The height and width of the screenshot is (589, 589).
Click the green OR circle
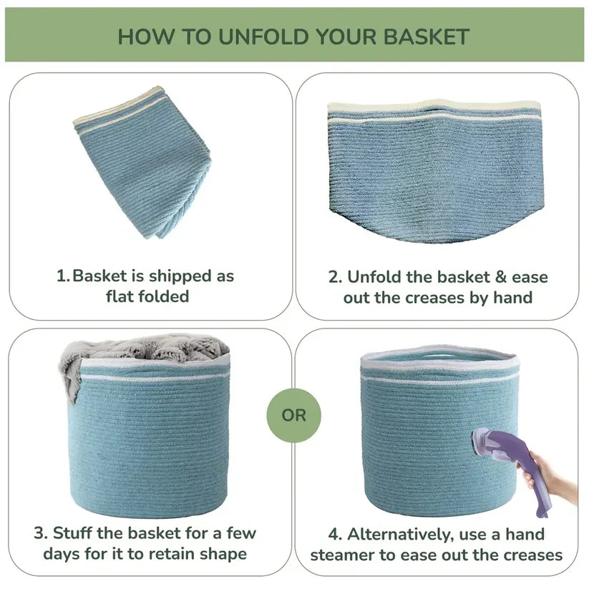pyautogui.click(x=293, y=416)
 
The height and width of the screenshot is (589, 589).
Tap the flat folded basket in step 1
pyautogui.click(x=142, y=162)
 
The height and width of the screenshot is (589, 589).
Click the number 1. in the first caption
pyautogui.click(x=63, y=276)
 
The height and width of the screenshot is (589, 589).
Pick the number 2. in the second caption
pyautogui.click(x=335, y=277)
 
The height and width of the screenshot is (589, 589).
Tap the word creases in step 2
pyautogui.click(x=434, y=298)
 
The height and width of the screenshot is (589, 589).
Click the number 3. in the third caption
pyautogui.click(x=41, y=533)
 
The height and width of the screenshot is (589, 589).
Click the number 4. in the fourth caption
pyautogui.click(x=335, y=535)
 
